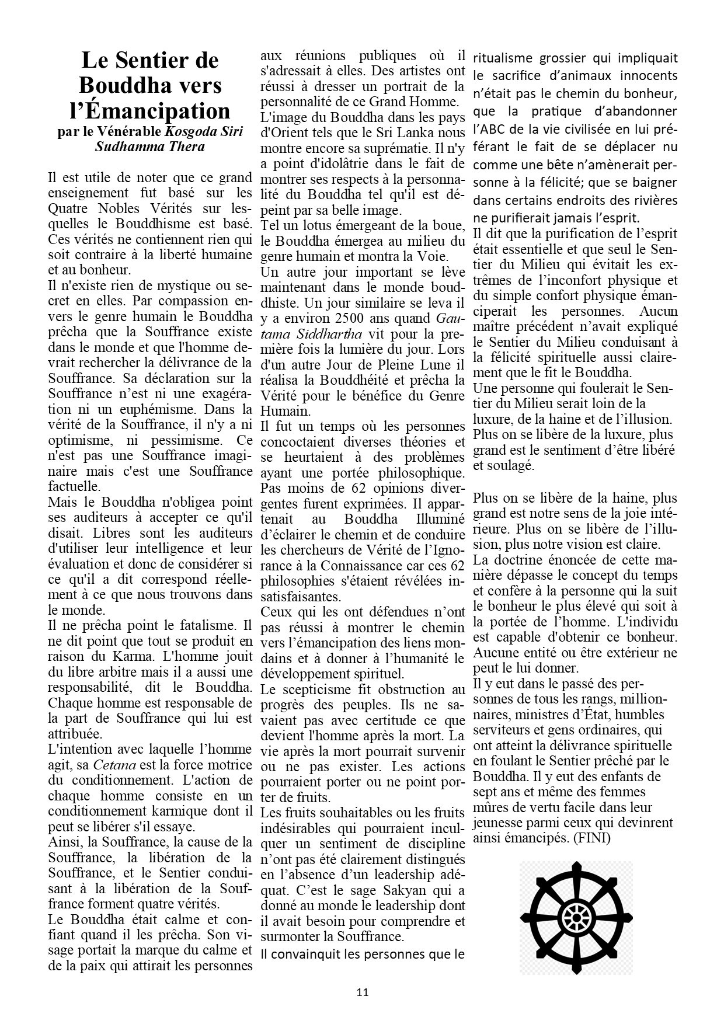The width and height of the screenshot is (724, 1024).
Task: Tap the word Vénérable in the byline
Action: tap(132, 132)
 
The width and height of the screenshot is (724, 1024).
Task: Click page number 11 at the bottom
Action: tap(362, 992)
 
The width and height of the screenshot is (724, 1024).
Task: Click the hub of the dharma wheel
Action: tap(576, 917)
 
